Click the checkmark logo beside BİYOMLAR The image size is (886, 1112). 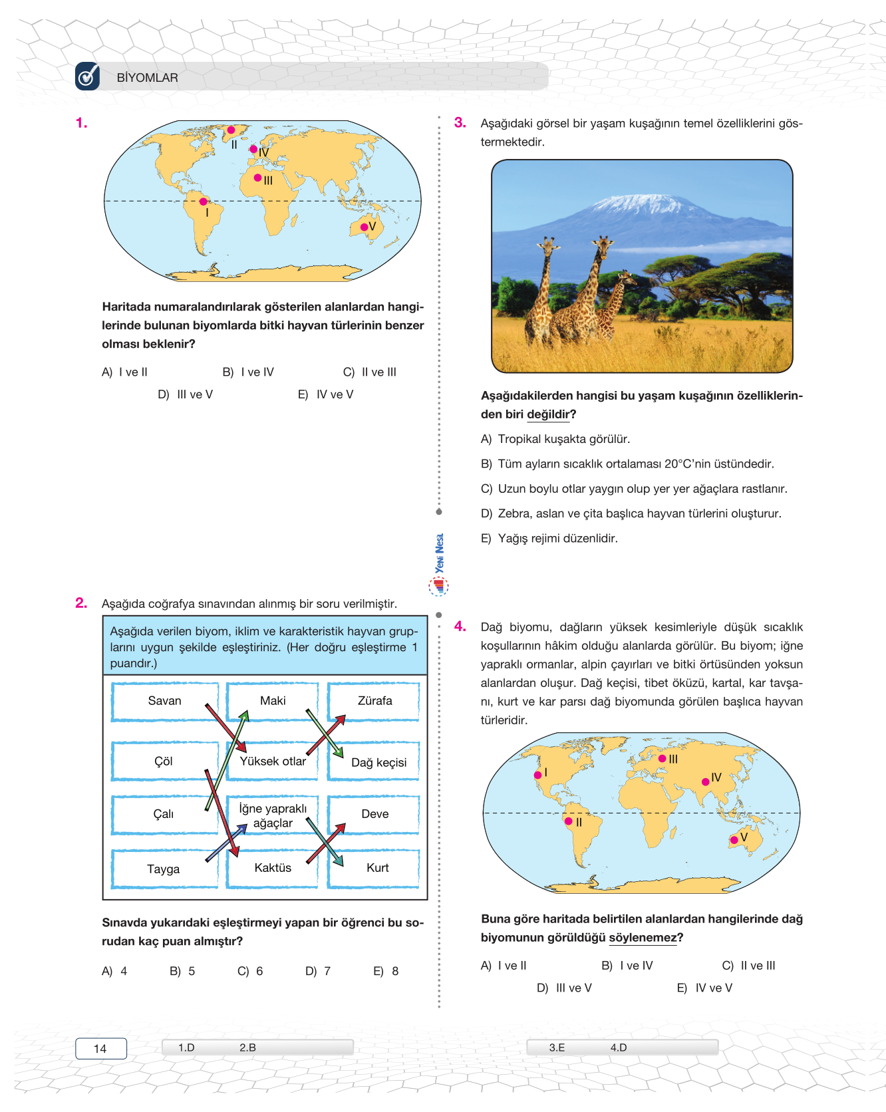coord(87,76)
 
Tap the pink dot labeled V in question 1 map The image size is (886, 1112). coord(364,227)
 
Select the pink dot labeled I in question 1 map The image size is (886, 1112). coord(204,202)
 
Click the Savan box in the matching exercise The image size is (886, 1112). coord(164,701)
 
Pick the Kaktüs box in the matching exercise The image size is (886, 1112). coord(273,868)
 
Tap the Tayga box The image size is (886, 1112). coord(164,869)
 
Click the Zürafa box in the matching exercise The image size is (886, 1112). coord(374,701)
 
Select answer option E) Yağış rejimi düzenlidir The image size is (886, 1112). coord(549,539)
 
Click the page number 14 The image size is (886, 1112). coord(100,1049)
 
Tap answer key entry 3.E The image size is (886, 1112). coord(557,1047)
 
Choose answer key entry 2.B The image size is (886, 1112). coord(247,1047)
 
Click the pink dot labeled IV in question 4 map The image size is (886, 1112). coord(706,781)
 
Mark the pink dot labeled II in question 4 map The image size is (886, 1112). coord(569,821)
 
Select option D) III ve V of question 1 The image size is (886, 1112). coord(186,394)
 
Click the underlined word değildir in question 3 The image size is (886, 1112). coord(548,414)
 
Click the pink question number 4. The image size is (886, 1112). coord(460,626)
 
